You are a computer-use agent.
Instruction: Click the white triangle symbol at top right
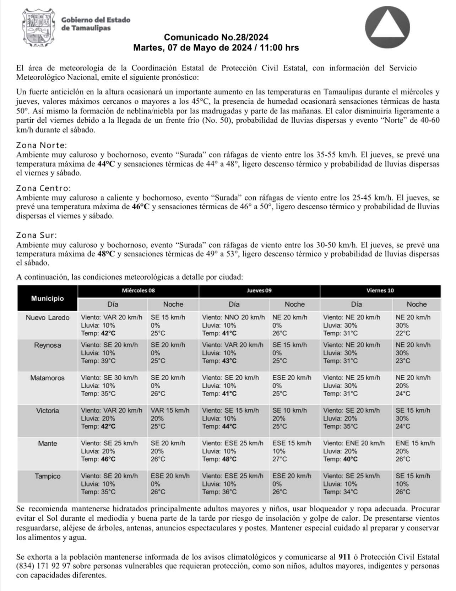(x=387, y=28)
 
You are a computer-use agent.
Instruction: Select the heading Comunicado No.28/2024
(x=216, y=37)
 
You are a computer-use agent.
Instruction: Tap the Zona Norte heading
(x=42, y=145)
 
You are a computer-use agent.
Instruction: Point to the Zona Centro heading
(x=43, y=188)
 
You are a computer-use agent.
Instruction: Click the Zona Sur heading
(x=37, y=235)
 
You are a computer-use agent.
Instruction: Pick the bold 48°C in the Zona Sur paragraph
(x=106, y=254)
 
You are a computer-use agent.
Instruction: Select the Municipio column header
(x=47, y=298)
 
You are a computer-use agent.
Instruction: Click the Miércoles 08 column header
(x=138, y=290)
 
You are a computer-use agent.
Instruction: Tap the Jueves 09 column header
(x=259, y=290)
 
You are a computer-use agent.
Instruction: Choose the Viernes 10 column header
(x=380, y=290)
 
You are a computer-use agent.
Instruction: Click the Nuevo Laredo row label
(x=48, y=317)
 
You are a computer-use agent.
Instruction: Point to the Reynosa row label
(x=48, y=345)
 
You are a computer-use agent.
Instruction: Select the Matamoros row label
(x=48, y=378)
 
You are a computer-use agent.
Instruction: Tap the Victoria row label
(x=48, y=410)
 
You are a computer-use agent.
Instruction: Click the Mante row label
(x=48, y=443)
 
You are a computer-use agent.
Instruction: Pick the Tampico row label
(x=48, y=476)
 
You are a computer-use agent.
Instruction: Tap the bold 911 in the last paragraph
(x=345, y=557)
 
